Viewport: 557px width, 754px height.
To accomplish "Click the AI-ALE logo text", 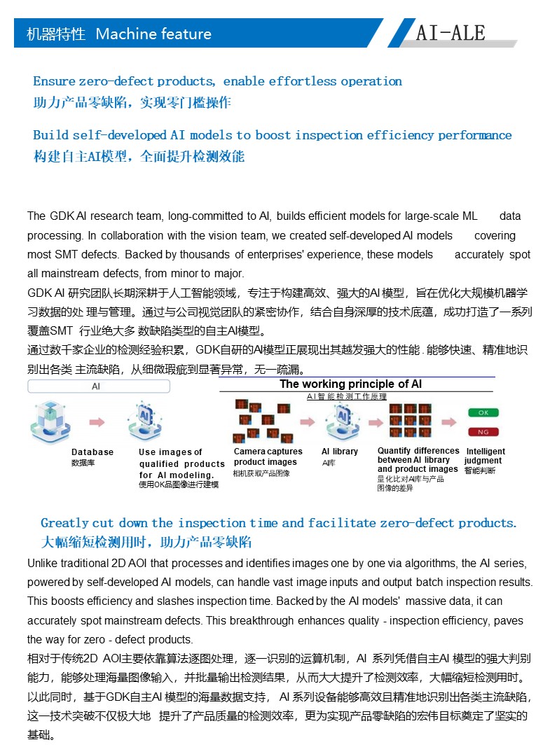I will [x=450, y=33].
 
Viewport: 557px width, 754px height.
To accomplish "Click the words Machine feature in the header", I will [x=153, y=34].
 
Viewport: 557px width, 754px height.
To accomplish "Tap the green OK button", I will [x=483, y=412].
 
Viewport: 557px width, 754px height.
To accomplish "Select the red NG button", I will [x=483, y=431].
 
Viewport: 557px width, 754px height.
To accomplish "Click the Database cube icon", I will [x=50, y=422].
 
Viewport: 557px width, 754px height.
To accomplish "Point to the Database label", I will [x=92, y=452].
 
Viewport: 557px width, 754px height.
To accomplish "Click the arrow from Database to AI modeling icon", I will [x=97, y=422].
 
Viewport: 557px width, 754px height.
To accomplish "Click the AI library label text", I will [x=340, y=452].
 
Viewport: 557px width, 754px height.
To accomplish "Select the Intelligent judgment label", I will [x=485, y=456].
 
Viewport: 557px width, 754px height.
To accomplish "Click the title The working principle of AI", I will [x=350, y=384].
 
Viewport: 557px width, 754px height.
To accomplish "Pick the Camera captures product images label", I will [x=268, y=456].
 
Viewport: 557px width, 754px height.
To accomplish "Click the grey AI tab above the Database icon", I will [x=96, y=386].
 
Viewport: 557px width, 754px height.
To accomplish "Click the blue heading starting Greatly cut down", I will [x=278, y=523].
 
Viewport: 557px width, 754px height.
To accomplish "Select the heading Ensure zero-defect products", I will [x=217, y=81].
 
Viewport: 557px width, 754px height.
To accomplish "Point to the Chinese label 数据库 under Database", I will [x=82, y=463].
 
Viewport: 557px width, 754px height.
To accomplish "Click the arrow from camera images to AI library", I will [x=307, y=422].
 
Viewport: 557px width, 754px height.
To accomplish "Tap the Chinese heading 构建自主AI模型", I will [x=139, y=156].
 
